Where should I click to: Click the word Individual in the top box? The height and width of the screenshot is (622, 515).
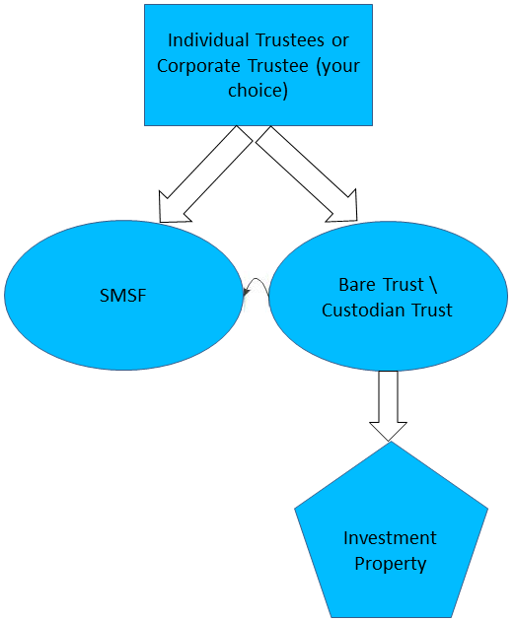point(204,41)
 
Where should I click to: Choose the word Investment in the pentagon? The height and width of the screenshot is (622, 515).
point(390,538)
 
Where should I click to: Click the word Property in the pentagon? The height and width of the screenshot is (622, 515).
point(391,564)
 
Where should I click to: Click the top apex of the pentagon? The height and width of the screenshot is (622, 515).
point(391,443)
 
